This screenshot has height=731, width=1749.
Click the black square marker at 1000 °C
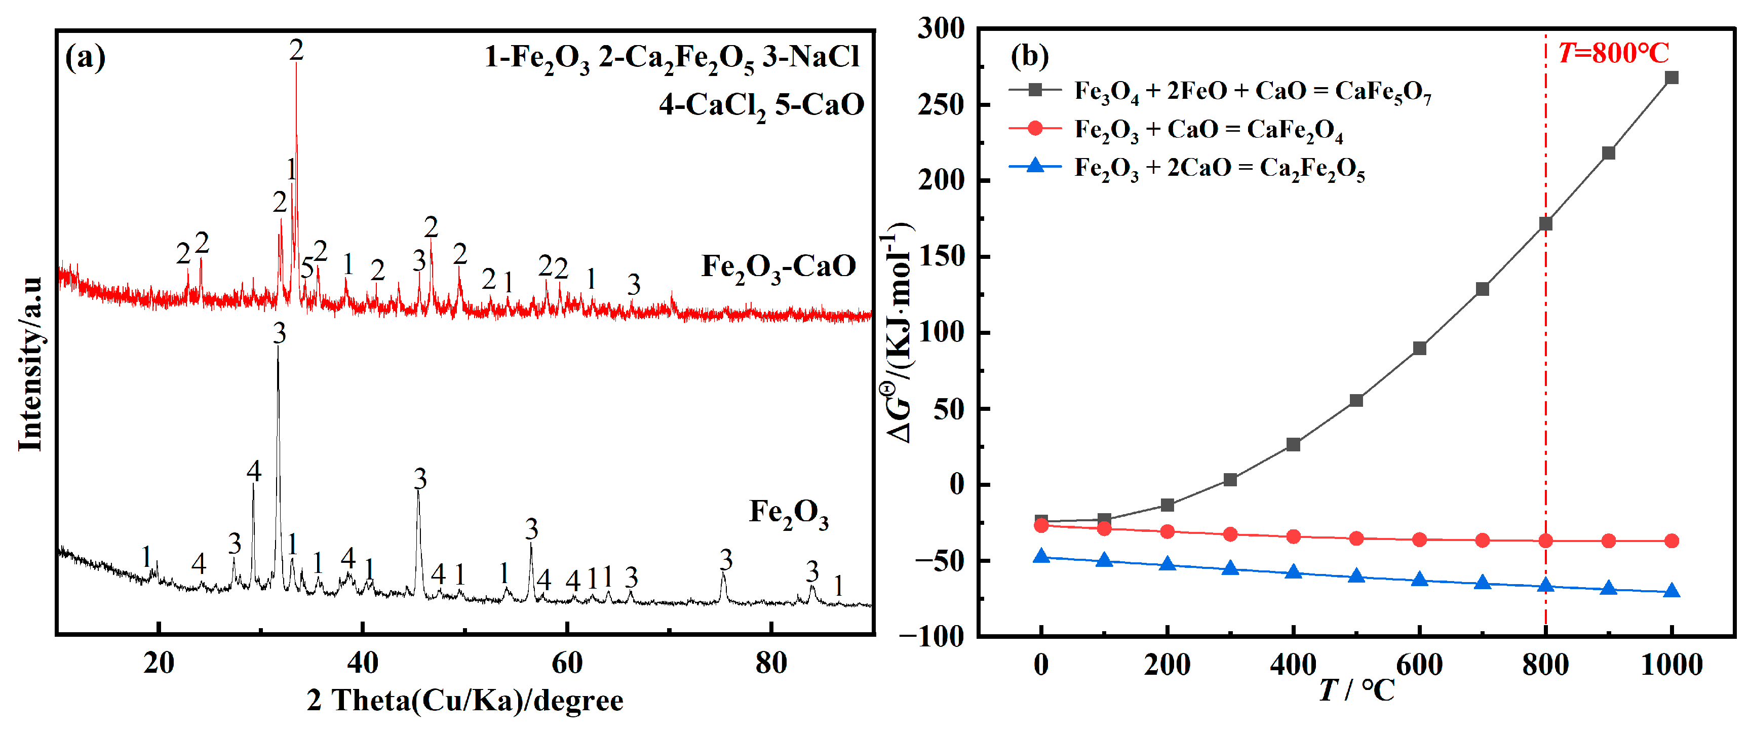click(1671, 78)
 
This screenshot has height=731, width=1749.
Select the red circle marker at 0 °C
click(1041, 525)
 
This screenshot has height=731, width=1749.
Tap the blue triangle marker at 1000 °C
click(1671, 591)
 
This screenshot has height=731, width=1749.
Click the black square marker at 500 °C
click(1356, 400)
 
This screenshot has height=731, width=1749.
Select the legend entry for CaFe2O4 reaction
click(1208, 129)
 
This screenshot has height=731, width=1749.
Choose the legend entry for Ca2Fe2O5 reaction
click(1218, 168)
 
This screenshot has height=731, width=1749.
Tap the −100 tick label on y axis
click(931, 637)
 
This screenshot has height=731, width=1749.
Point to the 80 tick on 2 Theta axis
click(770, 663)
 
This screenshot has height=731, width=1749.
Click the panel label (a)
click(85, 57)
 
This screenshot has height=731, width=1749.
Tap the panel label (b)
click(1029, 56)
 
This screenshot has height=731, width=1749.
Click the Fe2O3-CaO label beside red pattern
click(778, 266)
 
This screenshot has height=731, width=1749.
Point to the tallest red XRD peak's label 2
click(296, 50)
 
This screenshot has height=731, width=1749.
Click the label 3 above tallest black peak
click(279, 333)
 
